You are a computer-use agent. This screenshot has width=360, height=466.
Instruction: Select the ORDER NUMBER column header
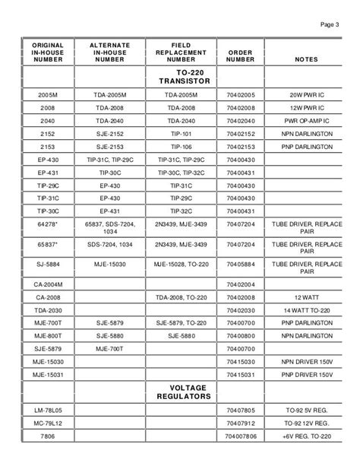click(x=240, y=55)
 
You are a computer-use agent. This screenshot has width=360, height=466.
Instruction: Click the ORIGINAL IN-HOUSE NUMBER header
click(x=53, y=52)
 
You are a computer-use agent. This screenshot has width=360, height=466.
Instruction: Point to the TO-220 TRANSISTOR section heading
click(x=185, y=76)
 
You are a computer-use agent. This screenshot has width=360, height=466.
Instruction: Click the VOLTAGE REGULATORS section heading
click(x=185, y=392)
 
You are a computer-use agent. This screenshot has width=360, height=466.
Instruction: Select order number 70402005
click(x=240, y=94)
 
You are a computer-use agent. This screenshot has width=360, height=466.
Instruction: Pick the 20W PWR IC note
click(x=311, y=94)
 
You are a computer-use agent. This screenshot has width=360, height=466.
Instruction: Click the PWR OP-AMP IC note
click(x=311, y=121)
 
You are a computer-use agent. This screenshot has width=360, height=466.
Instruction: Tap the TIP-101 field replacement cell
click(x=185, y=134)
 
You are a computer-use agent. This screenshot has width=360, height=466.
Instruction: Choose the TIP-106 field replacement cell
click(x=185, y=147)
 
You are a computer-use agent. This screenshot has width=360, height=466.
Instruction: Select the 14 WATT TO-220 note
click(x=311, y=310)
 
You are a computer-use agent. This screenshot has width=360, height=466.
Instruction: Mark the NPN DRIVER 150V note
click(x=311, y=362)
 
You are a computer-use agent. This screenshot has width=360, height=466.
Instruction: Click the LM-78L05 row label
click(x=53, y=410)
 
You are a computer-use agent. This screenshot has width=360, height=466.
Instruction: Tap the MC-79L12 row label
click(x=53, y=423)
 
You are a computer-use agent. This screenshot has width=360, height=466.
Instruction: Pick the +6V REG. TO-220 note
click(x=311, y=436)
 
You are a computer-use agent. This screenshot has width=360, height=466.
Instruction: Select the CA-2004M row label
click(x=53, y=284)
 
